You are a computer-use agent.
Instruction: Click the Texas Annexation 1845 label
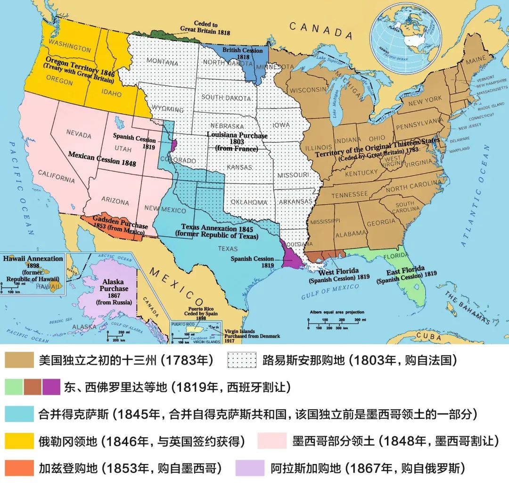[217, 231]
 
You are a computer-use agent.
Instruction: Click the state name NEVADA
[79, 134]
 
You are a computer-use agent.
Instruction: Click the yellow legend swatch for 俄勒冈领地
[19, 441]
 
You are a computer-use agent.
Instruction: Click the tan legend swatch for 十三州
[19, 361]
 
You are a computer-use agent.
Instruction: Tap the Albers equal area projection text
[337, 312]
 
